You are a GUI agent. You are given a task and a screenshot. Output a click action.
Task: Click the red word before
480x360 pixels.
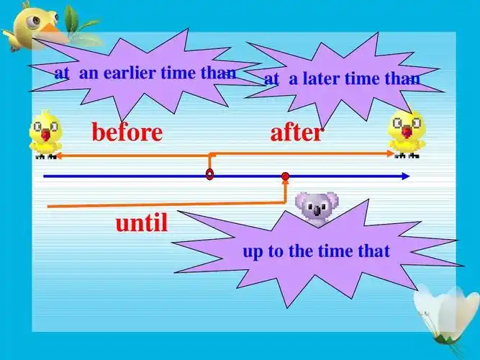click(127, 132)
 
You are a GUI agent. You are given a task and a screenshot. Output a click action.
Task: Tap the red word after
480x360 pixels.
click(297, 132)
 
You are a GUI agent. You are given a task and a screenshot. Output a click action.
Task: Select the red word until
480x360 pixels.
click(142, 223)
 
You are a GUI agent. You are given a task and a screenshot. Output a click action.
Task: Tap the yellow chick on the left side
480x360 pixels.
click(45, 134)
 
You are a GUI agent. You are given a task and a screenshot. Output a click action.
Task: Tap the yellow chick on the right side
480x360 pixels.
click(405, 134)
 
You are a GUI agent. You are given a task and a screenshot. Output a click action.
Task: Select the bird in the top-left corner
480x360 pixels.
click(33, 26)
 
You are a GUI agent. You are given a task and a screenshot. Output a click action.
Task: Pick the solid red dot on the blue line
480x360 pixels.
click(286, 176)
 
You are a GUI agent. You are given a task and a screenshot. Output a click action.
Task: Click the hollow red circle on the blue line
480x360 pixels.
click(209, 174)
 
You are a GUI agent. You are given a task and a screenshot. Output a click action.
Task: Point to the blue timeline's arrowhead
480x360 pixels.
click(407, 176)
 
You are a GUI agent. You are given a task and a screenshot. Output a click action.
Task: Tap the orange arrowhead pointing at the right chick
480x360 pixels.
click(391, 153)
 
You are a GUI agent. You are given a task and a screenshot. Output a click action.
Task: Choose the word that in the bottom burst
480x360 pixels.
click(373, 251)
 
